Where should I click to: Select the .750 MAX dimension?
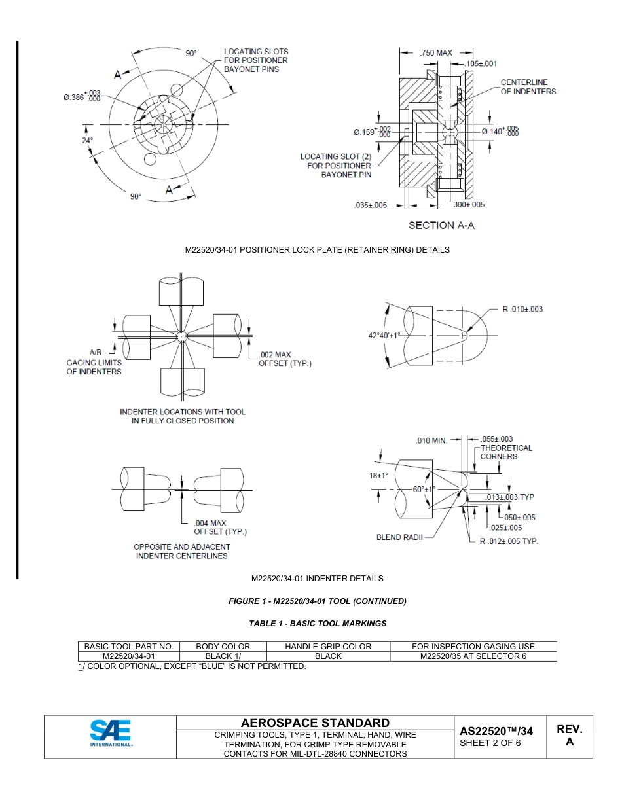pyautogui.click(x=436, y=52)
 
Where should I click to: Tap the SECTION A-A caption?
pyautogui.click(x=441, y=225)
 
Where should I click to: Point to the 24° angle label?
pyautogui.click(x=87, y=140)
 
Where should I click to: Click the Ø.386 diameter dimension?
pyautogui.click(x=82, y=97)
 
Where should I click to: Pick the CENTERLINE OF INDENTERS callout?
pyautogui.click(x=528, y=87)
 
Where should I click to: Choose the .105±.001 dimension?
pyautogui.click(x=481, y=64)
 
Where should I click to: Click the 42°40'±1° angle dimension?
pyautogui.click(x=384, y=335)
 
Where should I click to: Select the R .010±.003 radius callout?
pyautogui.click(x=522, y=309)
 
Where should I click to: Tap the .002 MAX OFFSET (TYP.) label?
pyautogui.click(x=285, y=359)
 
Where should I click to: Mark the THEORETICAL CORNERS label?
pyautogui.click(x=506, y=452)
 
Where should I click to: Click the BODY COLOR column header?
pyautogui.click(x=223, y=647)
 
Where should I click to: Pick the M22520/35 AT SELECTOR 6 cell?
pyautogui.click(x=473, y=656)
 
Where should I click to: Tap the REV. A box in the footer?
pyautogui.click(x=569, y=736)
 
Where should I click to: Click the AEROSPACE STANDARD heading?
pyautogui.click(x=315, y=723)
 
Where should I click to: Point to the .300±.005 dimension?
pyautogui.click(x=469, y=205)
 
